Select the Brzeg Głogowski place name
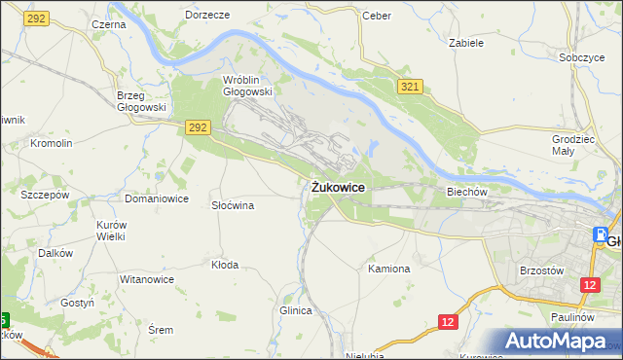141,101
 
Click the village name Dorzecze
206,16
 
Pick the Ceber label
376,16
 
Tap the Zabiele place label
466,43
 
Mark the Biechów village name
466,192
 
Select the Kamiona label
388,268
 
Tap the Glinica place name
295,310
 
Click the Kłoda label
225,265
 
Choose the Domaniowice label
156,198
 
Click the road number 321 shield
410,88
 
